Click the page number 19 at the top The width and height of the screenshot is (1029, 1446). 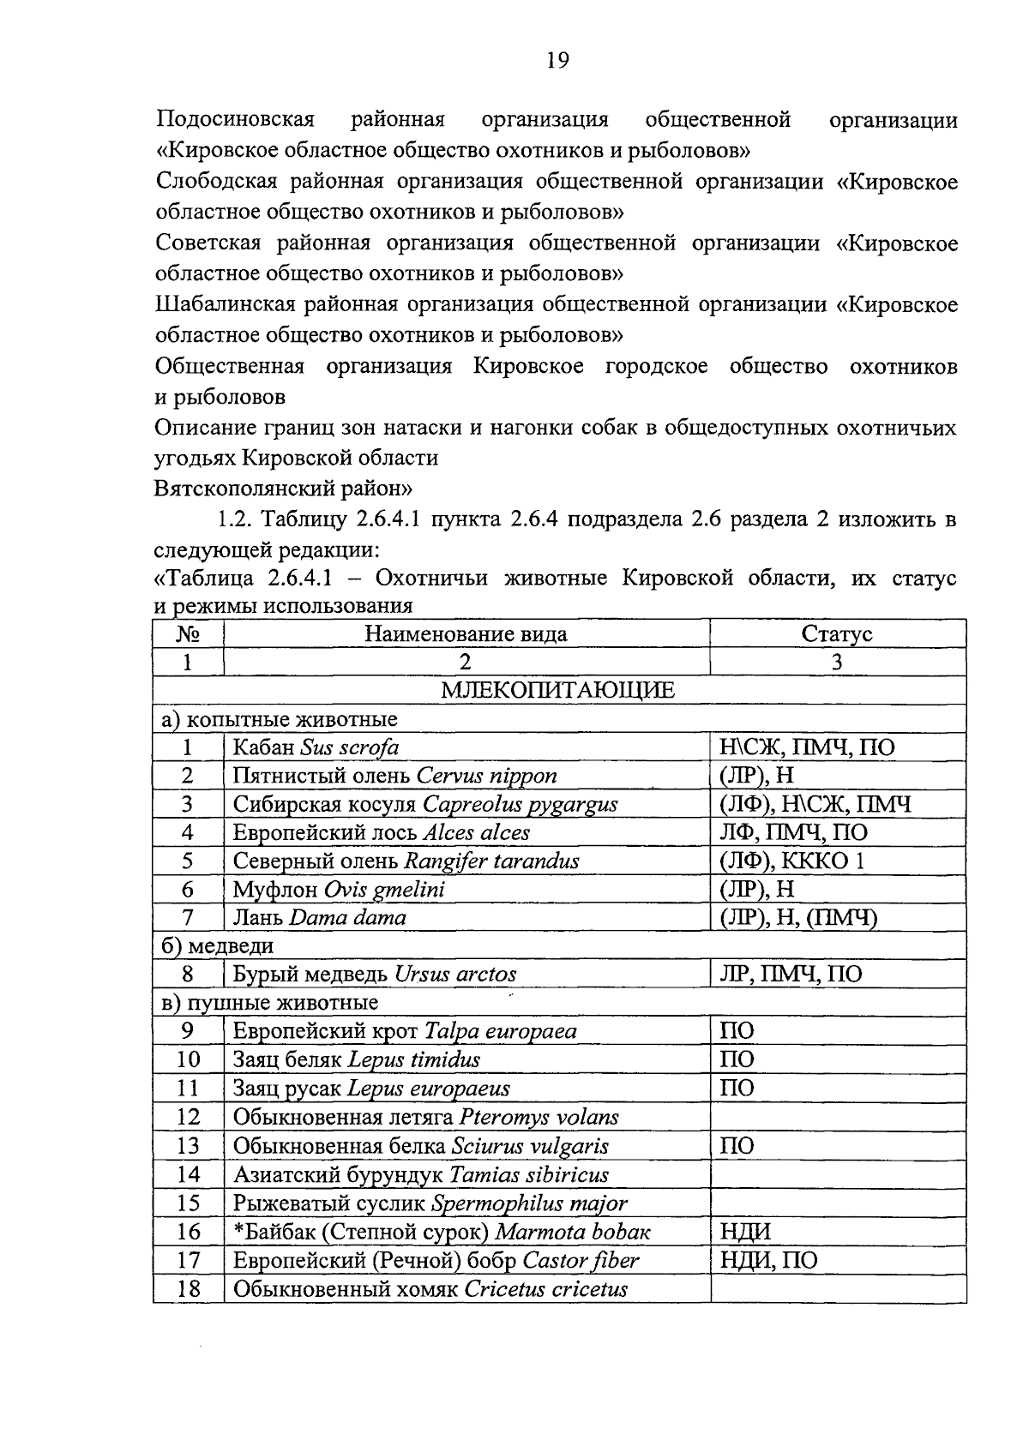click(557, 60)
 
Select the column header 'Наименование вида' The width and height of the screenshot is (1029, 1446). click(466, 634)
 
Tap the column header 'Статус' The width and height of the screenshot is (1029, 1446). click(837, 634)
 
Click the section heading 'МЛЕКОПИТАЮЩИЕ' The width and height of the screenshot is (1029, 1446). click(558, 691)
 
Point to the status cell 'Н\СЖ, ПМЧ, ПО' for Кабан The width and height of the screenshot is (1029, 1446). click(807, 747)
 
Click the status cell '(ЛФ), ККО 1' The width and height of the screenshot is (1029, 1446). click(791, 861)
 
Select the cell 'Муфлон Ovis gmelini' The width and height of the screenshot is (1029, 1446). click(339, 890)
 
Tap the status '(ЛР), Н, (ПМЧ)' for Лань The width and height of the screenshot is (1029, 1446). click(798, 918)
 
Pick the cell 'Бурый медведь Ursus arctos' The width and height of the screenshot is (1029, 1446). click(375, 975)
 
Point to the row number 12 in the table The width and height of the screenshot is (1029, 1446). click(188, 1117)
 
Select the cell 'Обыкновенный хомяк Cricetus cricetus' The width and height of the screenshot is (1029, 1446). click(430, 1289)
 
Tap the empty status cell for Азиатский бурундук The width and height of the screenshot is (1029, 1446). click(837, 1174)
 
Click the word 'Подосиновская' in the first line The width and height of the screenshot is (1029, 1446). click(236, 119)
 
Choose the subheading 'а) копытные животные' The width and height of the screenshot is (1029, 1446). click(280, 719)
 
